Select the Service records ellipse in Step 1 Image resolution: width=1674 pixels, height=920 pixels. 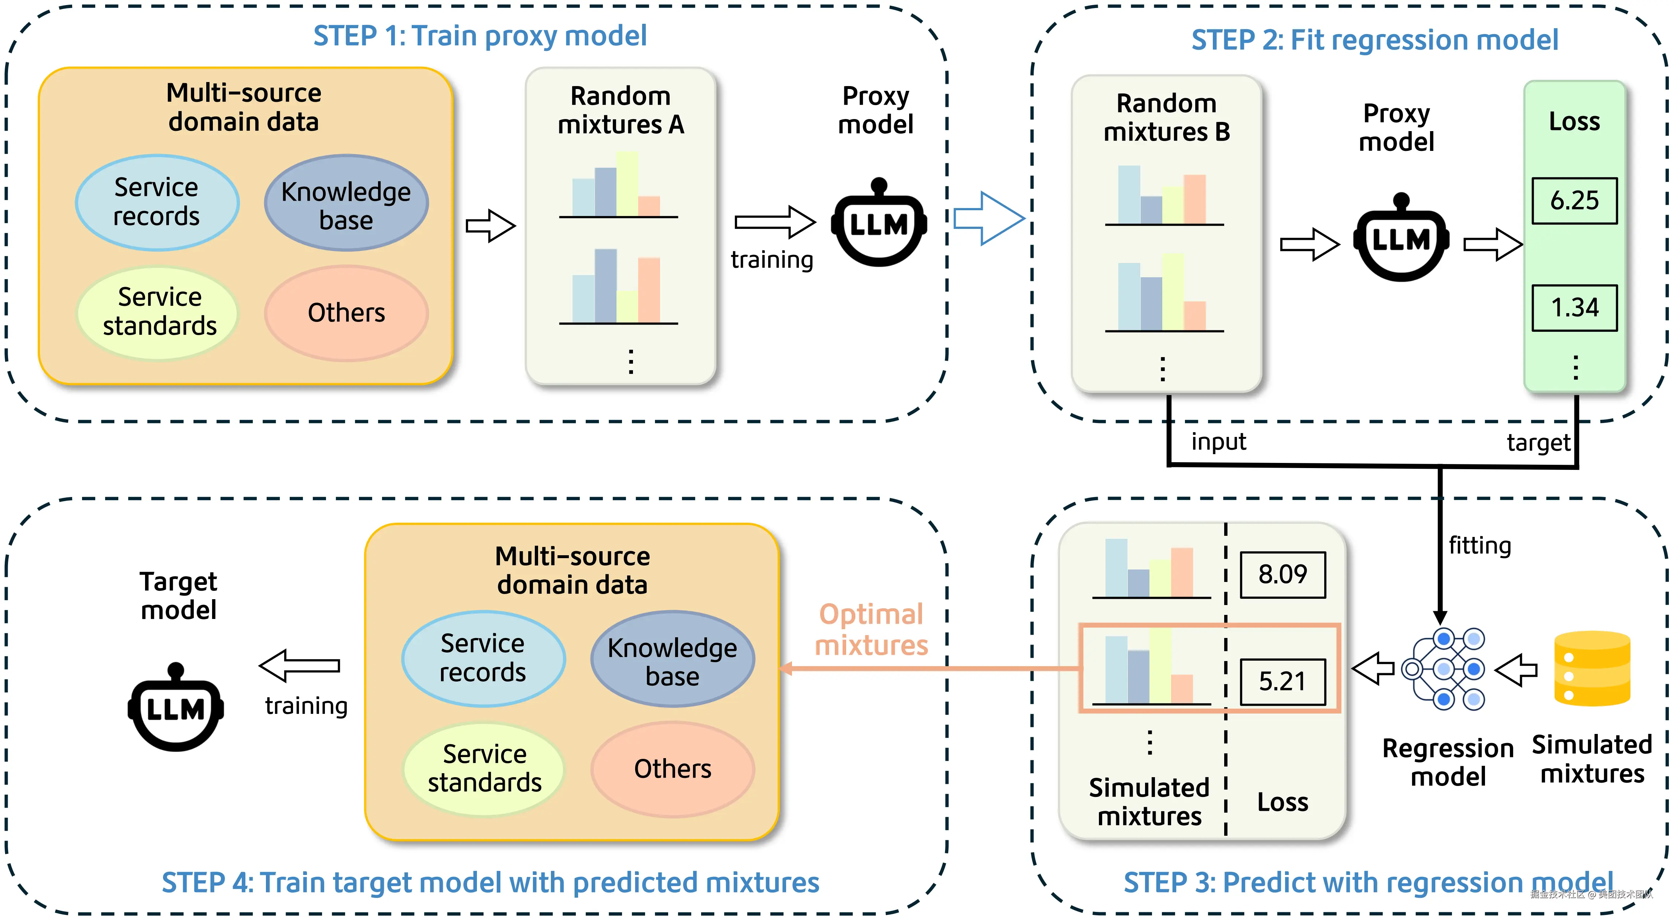pos(157,202)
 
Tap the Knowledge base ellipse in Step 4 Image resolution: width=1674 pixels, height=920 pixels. pos(673,659)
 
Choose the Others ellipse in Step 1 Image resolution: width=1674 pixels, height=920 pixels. pos(347,313)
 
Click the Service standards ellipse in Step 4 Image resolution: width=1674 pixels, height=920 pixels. pos(484,769)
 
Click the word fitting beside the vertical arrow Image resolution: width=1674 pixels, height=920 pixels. pos(1480,546)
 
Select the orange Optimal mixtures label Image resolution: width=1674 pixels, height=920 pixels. pos(871,630)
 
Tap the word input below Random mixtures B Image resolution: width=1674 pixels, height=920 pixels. pos(1218,442)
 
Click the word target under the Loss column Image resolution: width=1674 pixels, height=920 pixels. pos(1537,443)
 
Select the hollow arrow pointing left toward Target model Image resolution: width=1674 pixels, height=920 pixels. pos(300,665)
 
